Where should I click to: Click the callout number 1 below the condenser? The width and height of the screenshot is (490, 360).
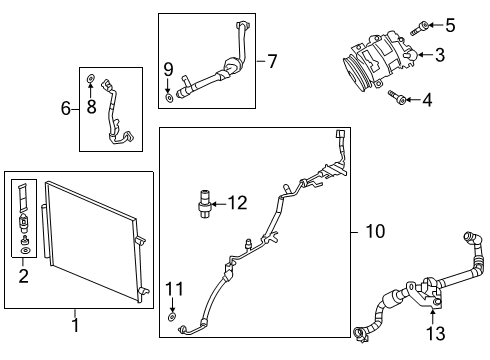(75, 326)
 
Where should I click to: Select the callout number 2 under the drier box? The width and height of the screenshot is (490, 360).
(22, 276)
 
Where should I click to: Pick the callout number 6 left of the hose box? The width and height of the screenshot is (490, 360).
(67, 108)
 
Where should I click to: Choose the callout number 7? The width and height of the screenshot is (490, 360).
(272, 61)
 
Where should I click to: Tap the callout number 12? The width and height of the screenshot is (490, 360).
(236, 202)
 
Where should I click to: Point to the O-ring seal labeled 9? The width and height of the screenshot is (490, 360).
(170, 97)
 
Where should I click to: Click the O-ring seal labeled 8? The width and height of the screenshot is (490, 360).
(92, 77)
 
